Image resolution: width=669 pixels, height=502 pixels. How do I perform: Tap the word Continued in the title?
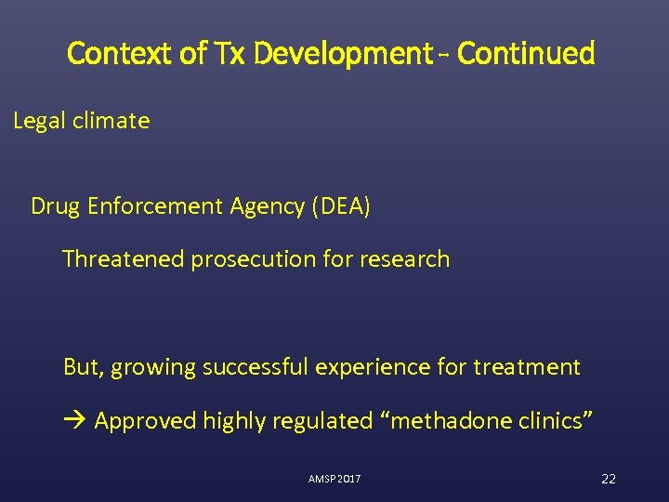[x=526, y=54]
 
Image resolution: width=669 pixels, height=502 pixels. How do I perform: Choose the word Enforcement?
[x=151, y=206]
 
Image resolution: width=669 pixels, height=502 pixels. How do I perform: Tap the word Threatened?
[x=123, y=259]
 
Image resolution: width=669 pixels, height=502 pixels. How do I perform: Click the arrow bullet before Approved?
[x=75, y=421]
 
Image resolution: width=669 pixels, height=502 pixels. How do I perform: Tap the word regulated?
[x=321, y=421]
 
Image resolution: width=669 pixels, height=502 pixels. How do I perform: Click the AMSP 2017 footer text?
[x=334, y=479]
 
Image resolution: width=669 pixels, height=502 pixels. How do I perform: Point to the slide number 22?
[x=609, y=479]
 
